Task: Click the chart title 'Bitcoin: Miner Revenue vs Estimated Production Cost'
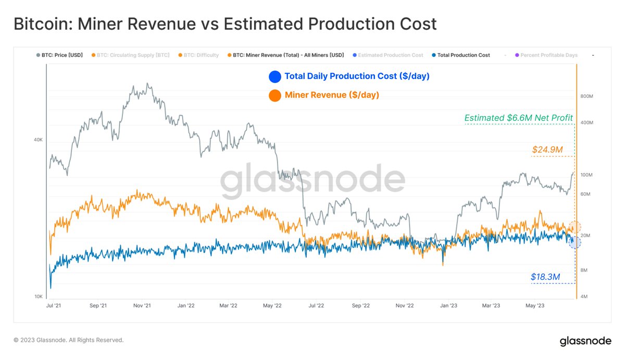pyautogui.click(x=224, y=24)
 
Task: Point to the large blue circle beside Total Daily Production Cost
pyautogui.click(x=274, y=77)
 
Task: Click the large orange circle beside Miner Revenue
pyautogui.click(x=274, y=95)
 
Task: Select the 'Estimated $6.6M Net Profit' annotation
pyautogui.click(x=518, y=118)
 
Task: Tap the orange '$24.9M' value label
pyautogui.click(x=547, y=150)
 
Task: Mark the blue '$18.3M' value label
pyautogui.click(x=545, y=277)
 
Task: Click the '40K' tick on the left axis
pyautogui.click(x=38, y=140)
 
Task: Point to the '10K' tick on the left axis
pyautogui.click(x=38, y=296)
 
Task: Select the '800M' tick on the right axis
pyautogui.click(x=586, y=96)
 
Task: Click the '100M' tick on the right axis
pyautogui.click(x=586, y=175)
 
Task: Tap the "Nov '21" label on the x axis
pyautogui.click(x=142, y=306)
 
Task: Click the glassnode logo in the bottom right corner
pyautogui.click(x=585, y=342)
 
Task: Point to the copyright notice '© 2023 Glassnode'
pyautogui.click(x=68, y=340)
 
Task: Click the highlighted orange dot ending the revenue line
pyautogui.click(x=574, y=227)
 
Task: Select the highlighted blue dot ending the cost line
pyautogui.click(x=574, y=242)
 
